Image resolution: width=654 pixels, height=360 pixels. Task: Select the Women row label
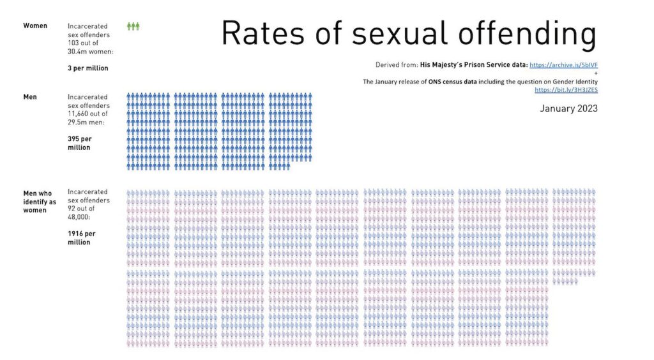coord(35,26)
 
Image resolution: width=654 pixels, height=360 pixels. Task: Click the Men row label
coord(30,97)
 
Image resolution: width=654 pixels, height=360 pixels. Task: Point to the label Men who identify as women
coord(39,201)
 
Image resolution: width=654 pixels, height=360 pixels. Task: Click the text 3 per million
coord(88,68)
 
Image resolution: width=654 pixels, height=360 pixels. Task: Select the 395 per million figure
coord(79,143)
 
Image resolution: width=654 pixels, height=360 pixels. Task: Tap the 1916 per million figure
coord(80,238)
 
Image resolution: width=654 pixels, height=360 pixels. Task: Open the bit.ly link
coord(566,90)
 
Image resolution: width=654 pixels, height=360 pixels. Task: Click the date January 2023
coord(568,109)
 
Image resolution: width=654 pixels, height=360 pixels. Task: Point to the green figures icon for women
coord(133,26)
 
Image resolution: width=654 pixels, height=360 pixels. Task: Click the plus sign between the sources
coord(595,73)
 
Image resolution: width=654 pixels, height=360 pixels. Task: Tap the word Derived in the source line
coord(386,65)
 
